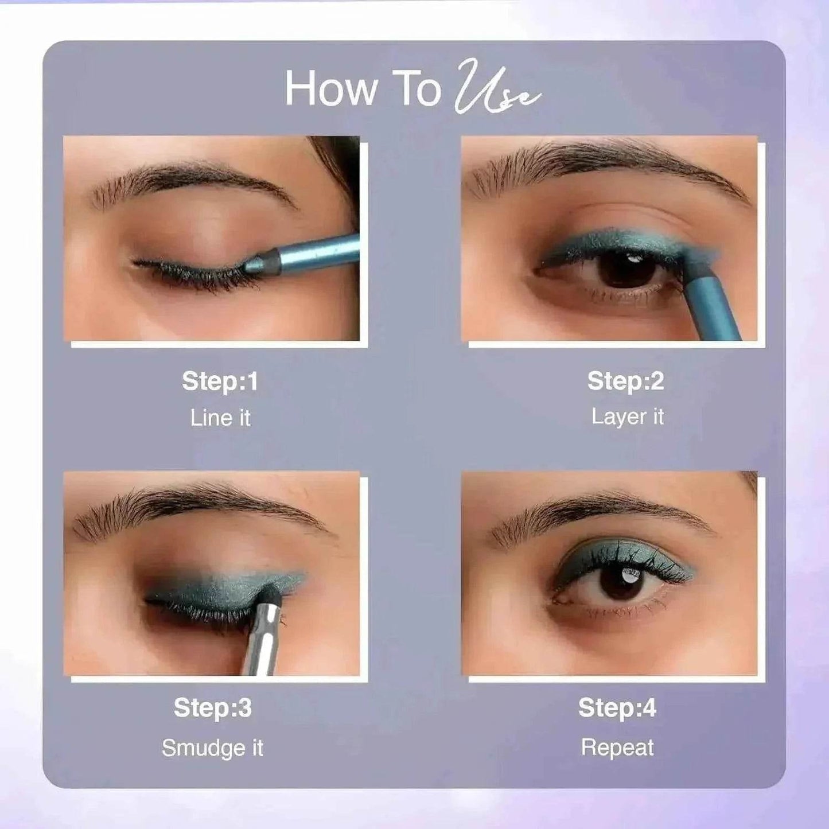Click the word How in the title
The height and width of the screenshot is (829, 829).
click(x=331, y=89)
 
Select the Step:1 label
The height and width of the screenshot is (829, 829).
click(x=220, y=382)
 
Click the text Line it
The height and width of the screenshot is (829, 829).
click(x=220, y=418)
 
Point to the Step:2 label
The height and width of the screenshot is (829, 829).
click(x=625, y=382)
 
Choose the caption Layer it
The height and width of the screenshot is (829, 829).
click(x=627, y=417)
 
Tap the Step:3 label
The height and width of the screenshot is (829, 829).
click(x=212, y=708)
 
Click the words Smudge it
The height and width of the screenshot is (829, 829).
click(x=212, y=748)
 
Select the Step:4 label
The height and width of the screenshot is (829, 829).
click(x=617, y=708)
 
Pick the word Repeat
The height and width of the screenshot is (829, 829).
click(x=617, y=748)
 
